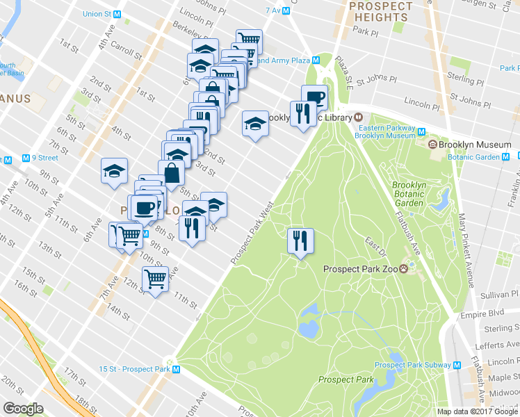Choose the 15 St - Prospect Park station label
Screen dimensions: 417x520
139,369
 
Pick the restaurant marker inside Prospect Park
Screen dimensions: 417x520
300,240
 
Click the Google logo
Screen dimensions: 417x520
24,409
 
